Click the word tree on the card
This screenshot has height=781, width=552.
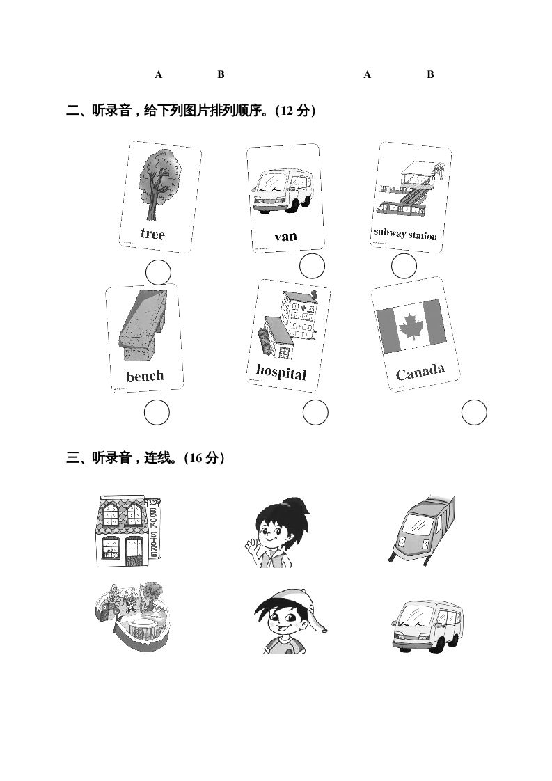click(x=152, y=234)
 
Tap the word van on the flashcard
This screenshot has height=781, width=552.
click(x=285, y=236)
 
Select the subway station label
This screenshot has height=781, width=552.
click(x=405, y=234)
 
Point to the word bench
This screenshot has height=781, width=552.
click(x=145, y=377)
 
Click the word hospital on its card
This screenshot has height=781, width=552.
click(x=281, y=372)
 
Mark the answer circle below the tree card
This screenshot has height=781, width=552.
click(x=159, y=272)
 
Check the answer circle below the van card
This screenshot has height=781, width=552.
click(x=312, y=266)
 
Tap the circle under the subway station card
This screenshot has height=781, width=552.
click(x=404, y=266)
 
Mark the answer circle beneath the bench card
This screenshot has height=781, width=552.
click(x=157, y=413)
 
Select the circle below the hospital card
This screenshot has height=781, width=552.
click(x=315, y=413)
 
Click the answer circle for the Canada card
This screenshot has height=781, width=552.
click(x=475, y=413)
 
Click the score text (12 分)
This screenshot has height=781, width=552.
click(x=296, y=111)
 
